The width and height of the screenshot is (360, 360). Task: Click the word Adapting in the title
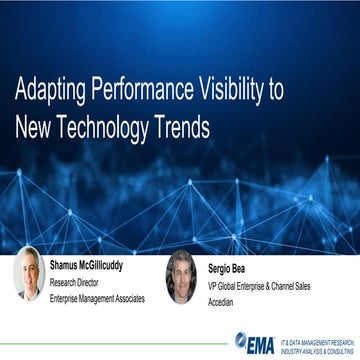tap(50, 90)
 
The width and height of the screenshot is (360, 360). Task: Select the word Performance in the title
tap(145, 90)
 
